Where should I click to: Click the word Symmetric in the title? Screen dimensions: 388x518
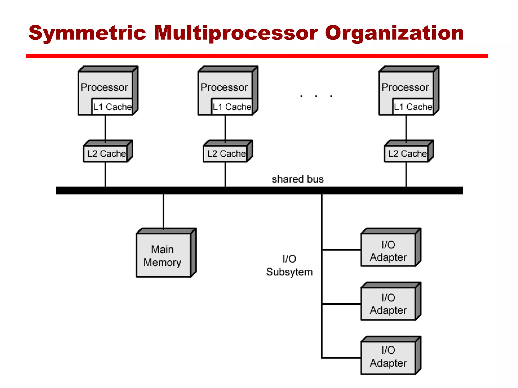[x=87, y=33]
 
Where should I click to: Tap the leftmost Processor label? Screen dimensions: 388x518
[x=104, y=87]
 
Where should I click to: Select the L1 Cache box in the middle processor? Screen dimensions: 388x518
[x=232, y=107]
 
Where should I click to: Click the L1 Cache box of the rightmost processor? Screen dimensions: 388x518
[x=413, y=107]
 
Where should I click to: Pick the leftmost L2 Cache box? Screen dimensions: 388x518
[x=106, y=154]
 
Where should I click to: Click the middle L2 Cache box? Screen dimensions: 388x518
[x=226, y=154]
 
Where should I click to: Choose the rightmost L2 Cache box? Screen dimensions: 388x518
[x=407, y=154]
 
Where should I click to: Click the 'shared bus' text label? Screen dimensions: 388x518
[x=297, y=179]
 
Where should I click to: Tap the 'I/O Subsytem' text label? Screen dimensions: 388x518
[x=289, y=265]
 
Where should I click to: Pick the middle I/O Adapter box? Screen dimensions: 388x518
[x=388, y=304]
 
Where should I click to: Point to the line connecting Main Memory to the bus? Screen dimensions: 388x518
[x=163, y=211]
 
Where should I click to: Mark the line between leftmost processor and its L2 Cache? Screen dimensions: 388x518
[x=105, y=128]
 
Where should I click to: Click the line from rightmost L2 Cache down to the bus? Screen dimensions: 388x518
[x=406, y=174]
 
